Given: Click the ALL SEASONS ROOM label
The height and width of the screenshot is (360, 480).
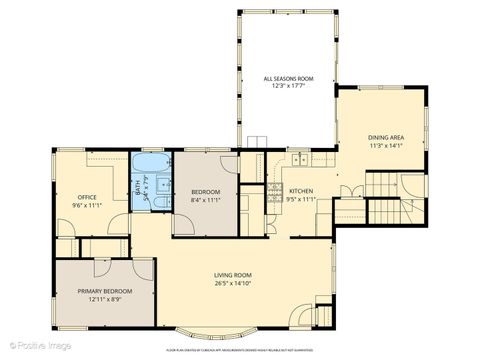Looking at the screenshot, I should [288, 78].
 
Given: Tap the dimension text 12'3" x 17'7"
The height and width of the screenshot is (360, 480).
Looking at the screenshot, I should [288, 86].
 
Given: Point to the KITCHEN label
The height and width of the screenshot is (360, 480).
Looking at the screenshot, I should [302, 191].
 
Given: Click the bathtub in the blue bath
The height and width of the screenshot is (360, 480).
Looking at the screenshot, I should [152, 163].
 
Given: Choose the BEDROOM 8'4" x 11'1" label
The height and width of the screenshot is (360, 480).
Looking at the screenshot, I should [205, 195].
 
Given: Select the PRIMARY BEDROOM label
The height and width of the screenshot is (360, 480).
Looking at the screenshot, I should [104, 291].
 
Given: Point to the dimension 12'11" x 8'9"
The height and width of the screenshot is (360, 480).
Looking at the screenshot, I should [104, 299].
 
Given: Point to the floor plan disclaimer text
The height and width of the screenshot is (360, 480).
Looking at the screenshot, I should [241, 350].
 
